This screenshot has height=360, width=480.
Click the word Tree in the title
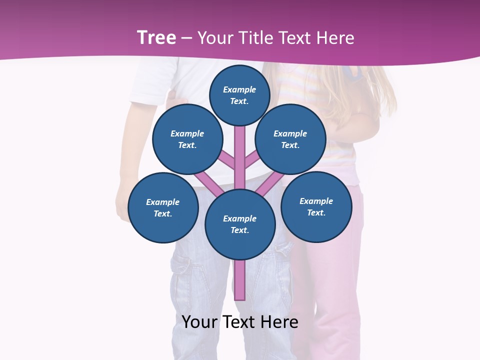pyautogui.click(x=156, y=37)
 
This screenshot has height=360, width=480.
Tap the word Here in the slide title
pyautogui.click(x=335, y=37)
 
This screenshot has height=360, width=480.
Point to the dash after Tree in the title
pyautogui.click(x=186, y=38)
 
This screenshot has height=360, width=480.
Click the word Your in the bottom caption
pyautogui.click(x=200, y=321)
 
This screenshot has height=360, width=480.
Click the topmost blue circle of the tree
pyautogui.click(x=239, y=95)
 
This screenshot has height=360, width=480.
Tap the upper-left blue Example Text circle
pyautogui.click(x=187, y=139)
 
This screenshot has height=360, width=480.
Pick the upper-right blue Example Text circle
pyautogui.click(x=290, y=139)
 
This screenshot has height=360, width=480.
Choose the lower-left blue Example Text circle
pyautogui.click(x=163, y=207)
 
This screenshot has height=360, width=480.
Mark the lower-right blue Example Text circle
pyautogui.click(x=316, y=206)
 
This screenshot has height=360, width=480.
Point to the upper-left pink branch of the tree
pyautogui.click(x=226, y=159)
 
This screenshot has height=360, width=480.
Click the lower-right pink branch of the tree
pyautogui.click(x=272, y=182)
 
